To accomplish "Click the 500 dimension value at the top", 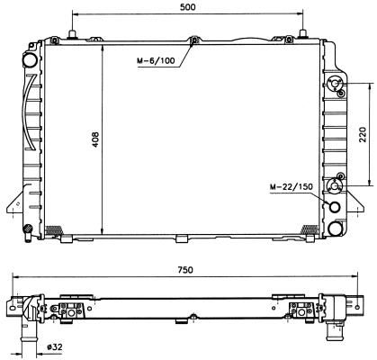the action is (187, 6).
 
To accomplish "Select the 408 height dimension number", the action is (95, 139).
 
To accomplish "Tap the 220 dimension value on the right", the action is (363, 134).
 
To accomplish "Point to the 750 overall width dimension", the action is (185, 270).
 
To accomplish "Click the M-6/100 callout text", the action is (156, 60).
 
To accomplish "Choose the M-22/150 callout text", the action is (292, 186).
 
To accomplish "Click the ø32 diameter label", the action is (55, 347).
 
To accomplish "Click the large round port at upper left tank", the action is (30, 60).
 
